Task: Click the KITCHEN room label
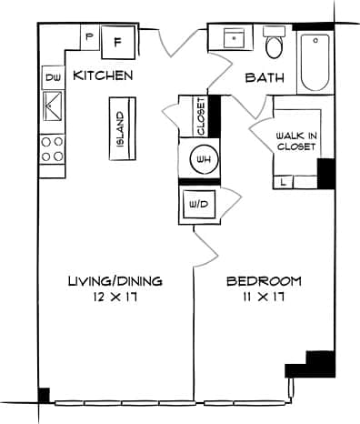click(x=104, y=76)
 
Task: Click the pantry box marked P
click(x=90, y=37)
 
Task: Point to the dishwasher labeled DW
click(x=51, y=78)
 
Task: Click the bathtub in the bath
click(x=315, y=61)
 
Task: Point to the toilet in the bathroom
click(x=274, y=45)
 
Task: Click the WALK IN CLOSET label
click(x=295, y=140)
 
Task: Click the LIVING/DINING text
click(x=115, y=281)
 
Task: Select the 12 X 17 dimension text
click(x=115, y=297)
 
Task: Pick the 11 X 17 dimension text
click(x=263, y=297)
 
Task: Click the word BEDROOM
click(x=264, y=281)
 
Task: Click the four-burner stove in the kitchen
click(x=51, y=148)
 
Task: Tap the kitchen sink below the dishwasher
click(x=51, y=108)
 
